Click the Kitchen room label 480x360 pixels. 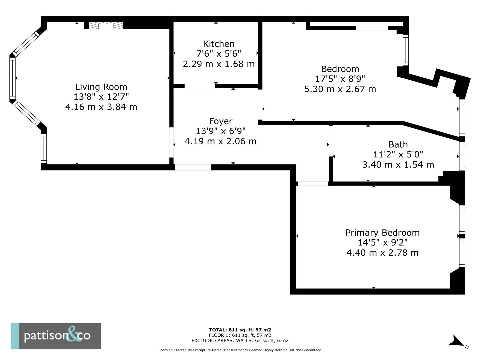218,44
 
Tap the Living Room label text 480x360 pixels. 101,87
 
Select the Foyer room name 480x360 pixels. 221,121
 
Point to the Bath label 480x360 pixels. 398,144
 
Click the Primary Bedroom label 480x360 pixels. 382,233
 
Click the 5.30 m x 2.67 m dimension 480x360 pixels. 340,89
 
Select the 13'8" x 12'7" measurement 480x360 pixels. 101,97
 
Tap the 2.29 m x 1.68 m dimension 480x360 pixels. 219,64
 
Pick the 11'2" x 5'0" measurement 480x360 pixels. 398,155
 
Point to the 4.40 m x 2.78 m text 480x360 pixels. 382,253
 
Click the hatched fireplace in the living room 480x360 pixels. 106,25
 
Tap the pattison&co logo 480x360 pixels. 56,336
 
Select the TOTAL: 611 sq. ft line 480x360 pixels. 240,330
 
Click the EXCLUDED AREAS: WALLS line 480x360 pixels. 240,340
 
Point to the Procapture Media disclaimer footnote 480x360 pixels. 240,350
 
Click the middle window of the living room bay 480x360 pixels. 12,78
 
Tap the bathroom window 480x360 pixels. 462,156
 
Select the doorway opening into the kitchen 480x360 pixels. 200,86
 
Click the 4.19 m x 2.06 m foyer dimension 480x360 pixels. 220,141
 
